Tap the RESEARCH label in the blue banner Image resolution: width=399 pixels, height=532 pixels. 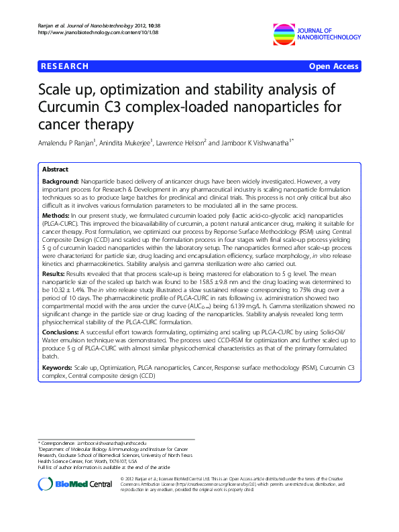click(64, 66)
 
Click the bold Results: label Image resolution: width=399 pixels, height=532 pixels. click(56, 275)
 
